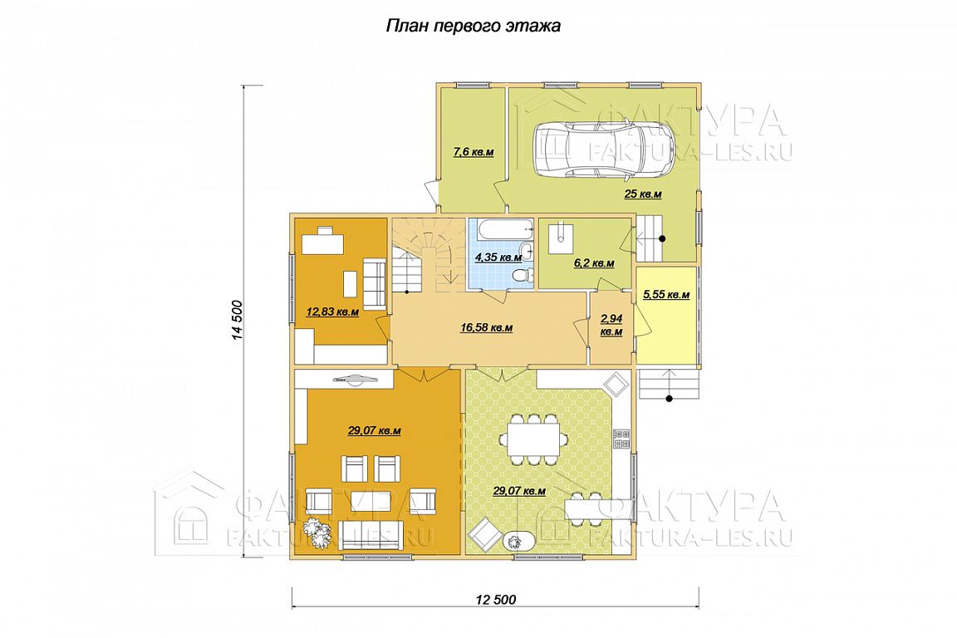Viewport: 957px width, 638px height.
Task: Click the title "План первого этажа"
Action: click(x=473, y=27)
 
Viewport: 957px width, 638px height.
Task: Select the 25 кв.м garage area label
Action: click(x=643, y=194)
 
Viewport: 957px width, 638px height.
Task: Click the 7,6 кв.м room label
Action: click(x=473, y=152)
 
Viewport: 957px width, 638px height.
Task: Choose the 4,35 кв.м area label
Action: click(x=498, y=257)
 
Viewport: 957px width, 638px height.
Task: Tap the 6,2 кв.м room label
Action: click(x=594, y=263)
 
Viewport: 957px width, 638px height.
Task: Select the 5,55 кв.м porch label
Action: click(x=666, y=295)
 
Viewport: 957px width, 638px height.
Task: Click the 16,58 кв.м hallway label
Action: click(x=487, y=328)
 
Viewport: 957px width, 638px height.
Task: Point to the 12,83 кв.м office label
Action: click(x=332, y=312)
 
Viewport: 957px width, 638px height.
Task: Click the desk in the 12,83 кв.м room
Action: click(x=323, y=242)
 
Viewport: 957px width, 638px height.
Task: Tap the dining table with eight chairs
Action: click(x=532, y=439)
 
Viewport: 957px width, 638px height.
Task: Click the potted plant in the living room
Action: click(x=317, y=532)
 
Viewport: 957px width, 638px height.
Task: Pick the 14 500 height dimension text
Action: click(x=238, y=320)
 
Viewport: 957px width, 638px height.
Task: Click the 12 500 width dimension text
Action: click(x=496, y=600)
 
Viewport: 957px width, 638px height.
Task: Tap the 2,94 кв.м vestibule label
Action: click(x=611, y=326)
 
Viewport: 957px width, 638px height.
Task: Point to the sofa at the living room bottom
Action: click(x=371, y=535)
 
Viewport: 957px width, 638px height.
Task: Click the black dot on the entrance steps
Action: click(x=670, y=400)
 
